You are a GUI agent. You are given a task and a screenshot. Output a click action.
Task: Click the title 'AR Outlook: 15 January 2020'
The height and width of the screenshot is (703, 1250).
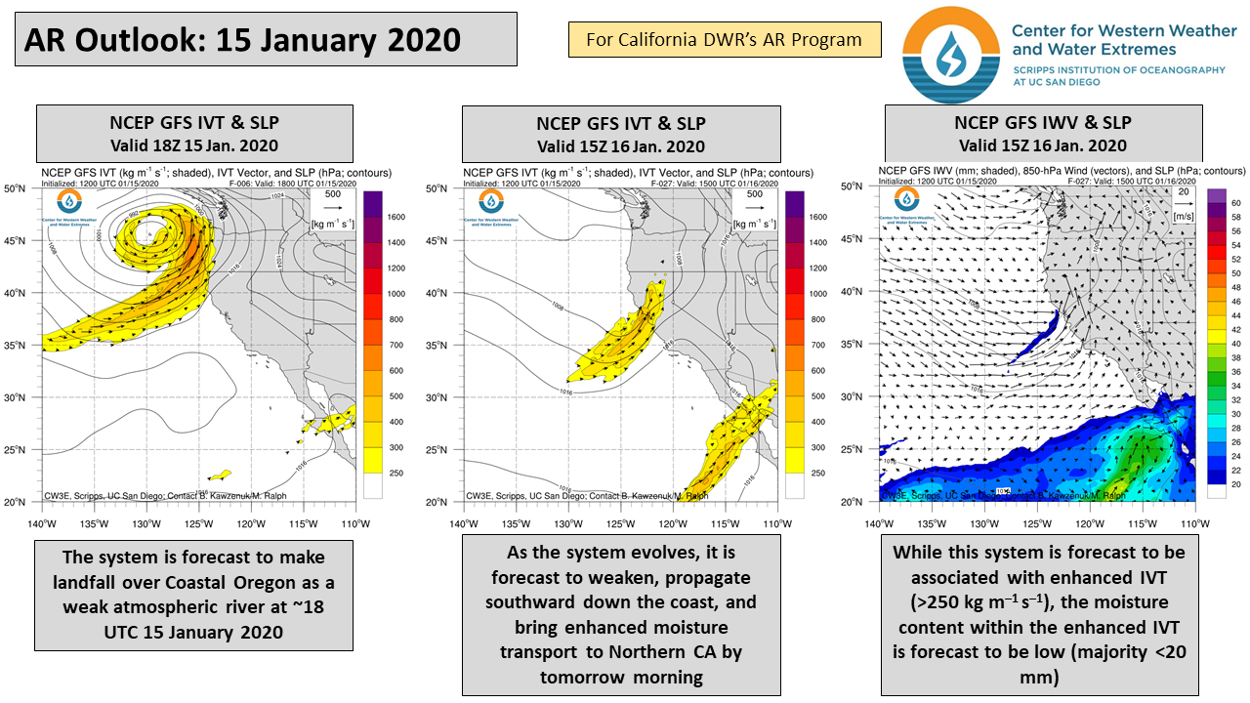tap(241, 40)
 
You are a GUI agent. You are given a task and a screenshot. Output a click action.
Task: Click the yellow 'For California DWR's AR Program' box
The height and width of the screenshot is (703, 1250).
tap(724, 40)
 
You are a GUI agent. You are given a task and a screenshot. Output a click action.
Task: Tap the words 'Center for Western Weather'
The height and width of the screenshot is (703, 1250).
tap(1123, 30)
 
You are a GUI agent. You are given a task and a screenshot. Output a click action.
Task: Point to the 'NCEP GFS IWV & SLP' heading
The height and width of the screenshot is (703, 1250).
tap(1042, 123)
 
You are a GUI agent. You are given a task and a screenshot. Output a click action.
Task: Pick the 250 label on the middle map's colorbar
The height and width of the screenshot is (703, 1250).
tap(817, 474)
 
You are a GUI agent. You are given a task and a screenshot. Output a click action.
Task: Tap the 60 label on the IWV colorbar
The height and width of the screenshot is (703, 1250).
tap(1234, 203)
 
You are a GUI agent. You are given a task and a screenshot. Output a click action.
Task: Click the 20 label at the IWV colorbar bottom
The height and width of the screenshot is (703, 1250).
tap(1234, 484)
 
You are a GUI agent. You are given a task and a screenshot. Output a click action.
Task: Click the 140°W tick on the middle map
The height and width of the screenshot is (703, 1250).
tap(464, 523)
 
